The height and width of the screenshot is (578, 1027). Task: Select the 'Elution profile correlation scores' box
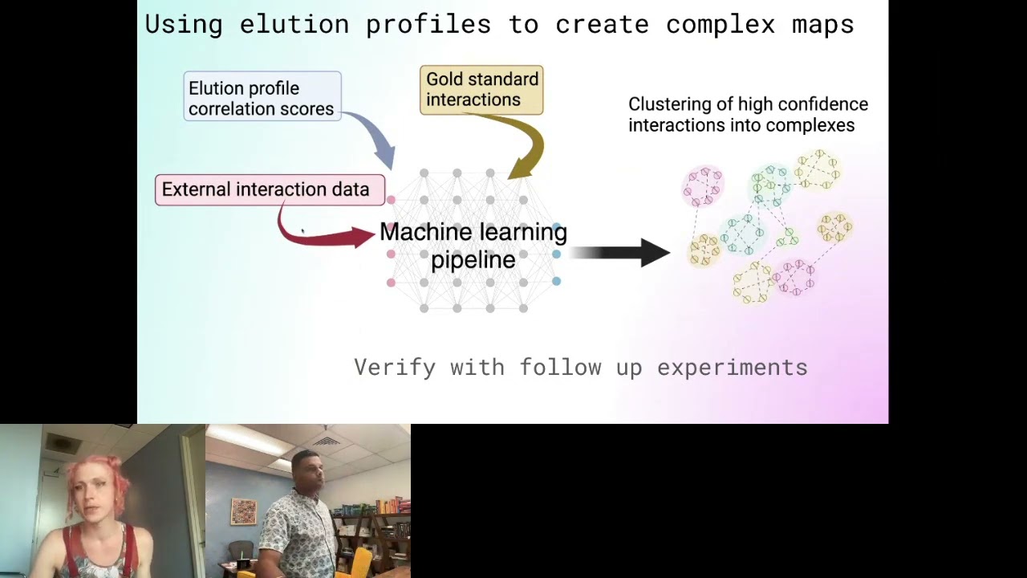262,97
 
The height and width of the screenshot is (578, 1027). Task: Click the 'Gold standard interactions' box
481,90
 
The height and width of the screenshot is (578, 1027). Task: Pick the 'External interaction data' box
268,190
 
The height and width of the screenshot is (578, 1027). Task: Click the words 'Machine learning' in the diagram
473,233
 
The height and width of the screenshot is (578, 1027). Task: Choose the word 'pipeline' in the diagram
473,260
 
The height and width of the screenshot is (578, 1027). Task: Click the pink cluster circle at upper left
704,185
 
